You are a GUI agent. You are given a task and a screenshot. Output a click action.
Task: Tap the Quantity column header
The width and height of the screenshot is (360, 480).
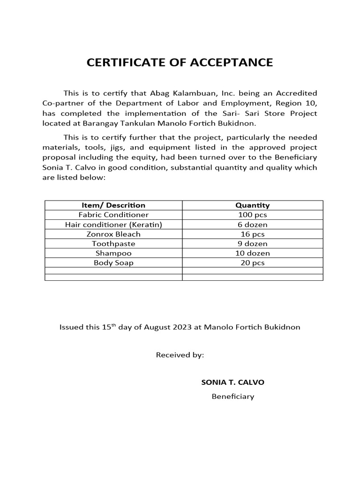pyautogui.click(x=252, y=205)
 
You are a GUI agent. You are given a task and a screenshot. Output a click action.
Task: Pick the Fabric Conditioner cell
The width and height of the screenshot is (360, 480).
pyautogui.click(x=113, y=215)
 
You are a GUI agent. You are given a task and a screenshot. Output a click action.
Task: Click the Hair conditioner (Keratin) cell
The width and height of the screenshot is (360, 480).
pyautogui.click(x=113, y=225)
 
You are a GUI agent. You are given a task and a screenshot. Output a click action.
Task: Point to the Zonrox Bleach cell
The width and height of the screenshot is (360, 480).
pyautogui.click(x=113, y=234)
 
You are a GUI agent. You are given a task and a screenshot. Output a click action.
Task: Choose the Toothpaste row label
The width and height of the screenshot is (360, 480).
pyautogui.click(x=113, y=244)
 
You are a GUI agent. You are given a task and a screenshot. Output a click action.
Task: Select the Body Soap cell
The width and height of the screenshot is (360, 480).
pyautogui.click(x=113, y=263)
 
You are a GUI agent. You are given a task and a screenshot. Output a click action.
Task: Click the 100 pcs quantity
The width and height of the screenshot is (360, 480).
pyautogui.click(x=252, y=215)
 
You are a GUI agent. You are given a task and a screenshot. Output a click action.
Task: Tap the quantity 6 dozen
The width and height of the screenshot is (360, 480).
pyautogui.click(x=252, y=225)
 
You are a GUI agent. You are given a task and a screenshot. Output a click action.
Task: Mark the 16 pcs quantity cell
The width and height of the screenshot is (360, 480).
pyautogui.click(x=252, y=234)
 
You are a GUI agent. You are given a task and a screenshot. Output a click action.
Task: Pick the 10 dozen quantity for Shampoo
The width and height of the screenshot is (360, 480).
pyautogui.click(x=252, y=253)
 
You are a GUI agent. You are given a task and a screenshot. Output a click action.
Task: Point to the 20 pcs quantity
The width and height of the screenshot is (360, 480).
pyautogui.click(x=252, y=263)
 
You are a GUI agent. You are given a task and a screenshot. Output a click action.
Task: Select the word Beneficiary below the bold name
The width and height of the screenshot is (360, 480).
pyautogui.click(x=232, y=397)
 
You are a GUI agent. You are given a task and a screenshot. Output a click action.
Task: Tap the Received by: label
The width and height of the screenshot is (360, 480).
pyautogui.click(x=180, y=355)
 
